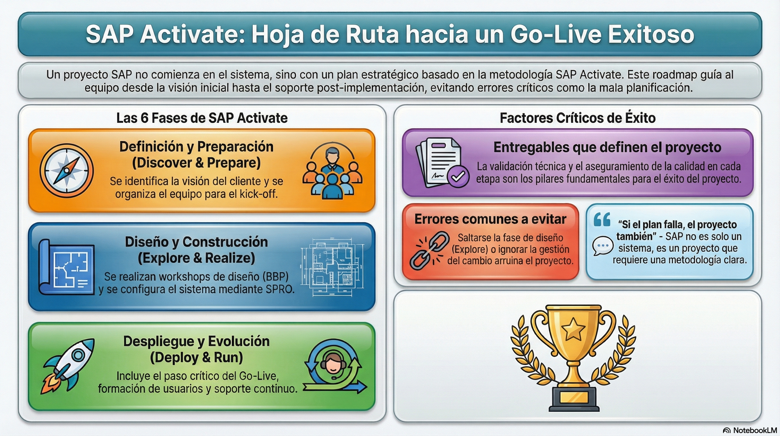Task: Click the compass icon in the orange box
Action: (67, 171)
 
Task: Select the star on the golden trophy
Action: (573, 329)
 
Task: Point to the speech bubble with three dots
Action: (603, 246)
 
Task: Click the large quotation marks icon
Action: (602, 220)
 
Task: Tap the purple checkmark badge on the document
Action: (458, 176)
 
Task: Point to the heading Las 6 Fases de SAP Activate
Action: (202, 118)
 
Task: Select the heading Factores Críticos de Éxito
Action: (577, 118)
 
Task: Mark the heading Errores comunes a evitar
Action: (490, 219)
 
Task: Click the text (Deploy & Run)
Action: (196, 358)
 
